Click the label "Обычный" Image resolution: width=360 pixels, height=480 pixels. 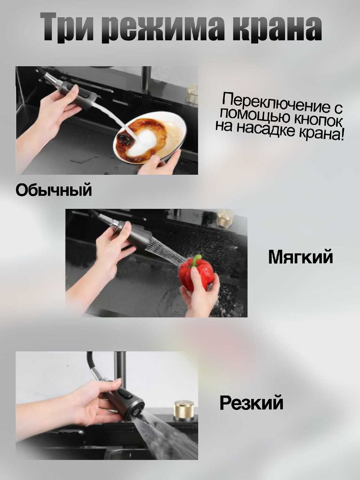tap(54, 190)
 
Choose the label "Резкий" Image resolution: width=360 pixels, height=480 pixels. tap(252, 403)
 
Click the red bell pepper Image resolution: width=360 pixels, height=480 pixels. tap(196, 275)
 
